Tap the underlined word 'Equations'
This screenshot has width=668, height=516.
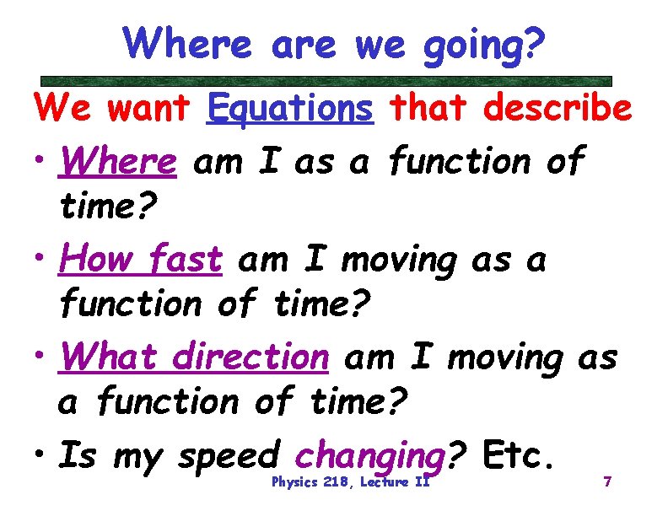(289, 108)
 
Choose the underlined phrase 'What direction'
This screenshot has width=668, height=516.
(193, 357)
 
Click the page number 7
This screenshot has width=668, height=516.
(606, 483)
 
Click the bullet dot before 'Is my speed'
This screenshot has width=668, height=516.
(40, 458)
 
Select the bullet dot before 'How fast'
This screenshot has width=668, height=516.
(40, 261)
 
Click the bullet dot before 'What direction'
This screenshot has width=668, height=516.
(40, 359)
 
